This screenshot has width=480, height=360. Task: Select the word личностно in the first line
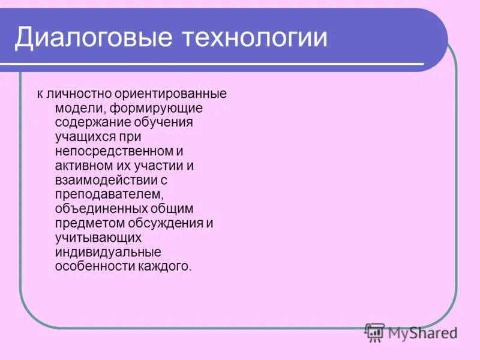pos(74,94)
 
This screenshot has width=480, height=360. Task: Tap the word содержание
pos(91,122)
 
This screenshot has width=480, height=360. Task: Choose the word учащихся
pos(82,137)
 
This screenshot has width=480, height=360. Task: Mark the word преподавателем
pos(100,194)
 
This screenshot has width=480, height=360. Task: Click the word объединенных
pos(93,209)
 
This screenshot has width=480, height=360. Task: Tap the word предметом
pos(87,223)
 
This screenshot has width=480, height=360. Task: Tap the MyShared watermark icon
pos(375,331)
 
